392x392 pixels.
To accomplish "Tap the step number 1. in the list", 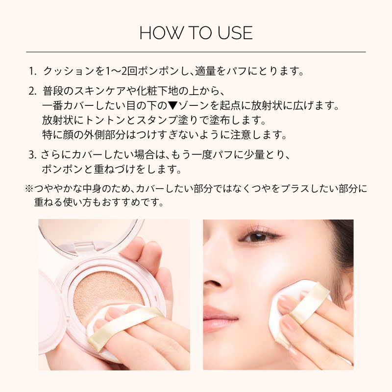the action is [33, 71].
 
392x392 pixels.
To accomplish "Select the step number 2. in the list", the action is [33, 91].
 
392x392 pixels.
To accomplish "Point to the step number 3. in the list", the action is [33, 155].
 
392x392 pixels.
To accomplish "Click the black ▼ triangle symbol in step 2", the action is [172, 106].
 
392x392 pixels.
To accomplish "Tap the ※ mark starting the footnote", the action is [29, 189].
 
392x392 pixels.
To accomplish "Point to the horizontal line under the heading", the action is [196, 52].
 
